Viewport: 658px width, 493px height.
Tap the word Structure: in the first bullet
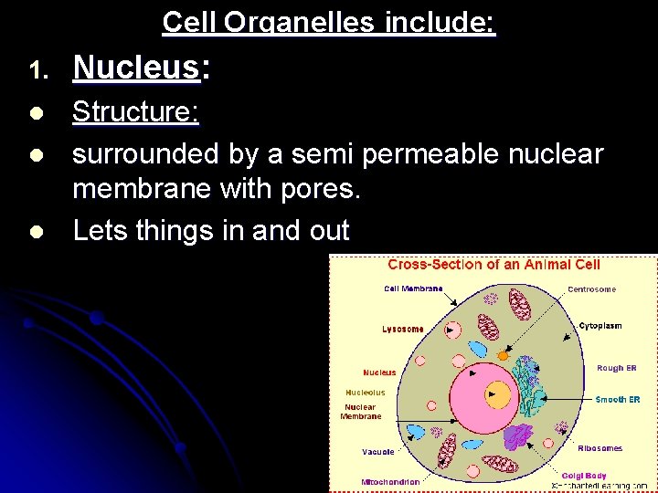(136, 112)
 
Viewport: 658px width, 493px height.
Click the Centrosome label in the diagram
(591, 289)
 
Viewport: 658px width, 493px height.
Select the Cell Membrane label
(413, 288)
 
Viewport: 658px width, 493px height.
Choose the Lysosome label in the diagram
(403, 329)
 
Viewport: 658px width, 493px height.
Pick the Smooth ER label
(618, 399)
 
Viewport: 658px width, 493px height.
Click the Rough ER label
(616, 368)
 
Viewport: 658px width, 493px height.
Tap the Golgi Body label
(585, 475)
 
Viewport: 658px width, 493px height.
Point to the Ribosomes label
(600, 448)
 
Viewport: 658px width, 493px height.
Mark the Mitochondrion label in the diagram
(390, 481)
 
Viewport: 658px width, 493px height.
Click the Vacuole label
(377, 451)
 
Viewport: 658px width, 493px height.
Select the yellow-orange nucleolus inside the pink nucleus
(498, 394)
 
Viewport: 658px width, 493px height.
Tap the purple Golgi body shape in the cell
(519, 436)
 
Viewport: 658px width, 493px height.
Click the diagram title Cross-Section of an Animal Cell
(493, 265)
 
